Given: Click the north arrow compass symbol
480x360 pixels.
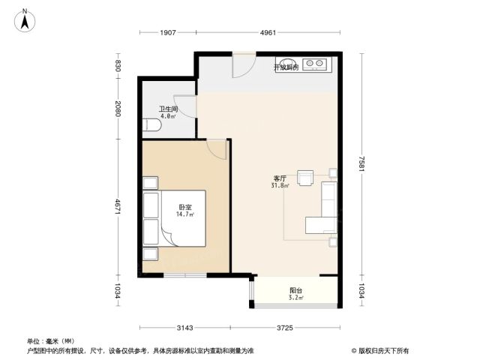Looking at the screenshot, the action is (x=25, y=20).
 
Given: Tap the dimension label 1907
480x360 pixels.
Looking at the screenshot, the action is (x=168, y=32).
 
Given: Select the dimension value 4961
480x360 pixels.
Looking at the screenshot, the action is (x=268, y=32).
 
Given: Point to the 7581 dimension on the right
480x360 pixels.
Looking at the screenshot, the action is (x=361, y=163).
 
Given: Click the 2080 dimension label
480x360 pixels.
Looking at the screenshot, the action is (x=118, y=109).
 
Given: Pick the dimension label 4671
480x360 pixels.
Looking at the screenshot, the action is (x=118, y=207).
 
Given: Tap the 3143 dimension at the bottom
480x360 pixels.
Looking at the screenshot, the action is (x=185, y=328).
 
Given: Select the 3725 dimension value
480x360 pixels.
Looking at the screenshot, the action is (x=285, y=328).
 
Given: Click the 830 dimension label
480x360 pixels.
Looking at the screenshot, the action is (x=118, y=65).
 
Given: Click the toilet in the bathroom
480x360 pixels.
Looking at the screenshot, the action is (x=151, y=125).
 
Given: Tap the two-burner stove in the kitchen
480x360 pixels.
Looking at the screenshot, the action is (x=315, y=63).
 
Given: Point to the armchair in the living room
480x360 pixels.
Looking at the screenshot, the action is (x=305, y=178).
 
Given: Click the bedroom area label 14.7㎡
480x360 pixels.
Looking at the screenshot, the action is (x=185, y=214).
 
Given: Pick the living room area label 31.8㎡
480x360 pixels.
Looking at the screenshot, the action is (x=280, y=185).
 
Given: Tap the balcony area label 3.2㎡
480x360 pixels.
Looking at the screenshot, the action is (x=295, y=297).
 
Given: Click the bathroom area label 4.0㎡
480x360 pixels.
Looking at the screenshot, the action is (x=168, y=116).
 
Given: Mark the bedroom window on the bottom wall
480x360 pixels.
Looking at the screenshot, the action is (x=185, y=275).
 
